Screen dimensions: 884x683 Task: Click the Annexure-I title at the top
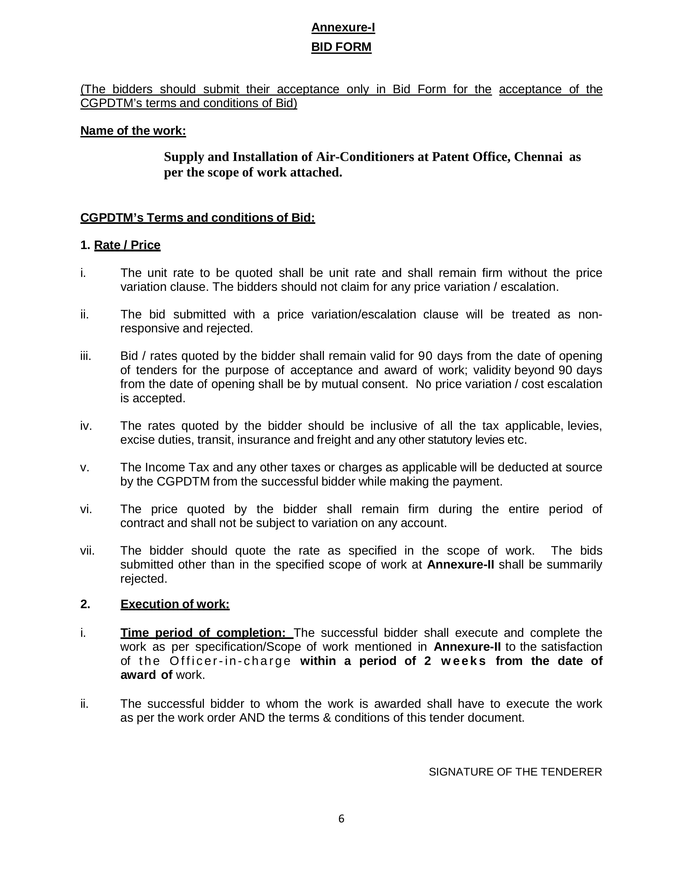[x=343, y=28]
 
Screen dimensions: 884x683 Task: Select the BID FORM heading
[x=341, y=47]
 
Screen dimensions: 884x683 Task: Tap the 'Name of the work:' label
[x=133, y=131]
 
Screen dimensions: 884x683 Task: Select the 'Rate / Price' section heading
[x=127, y=245]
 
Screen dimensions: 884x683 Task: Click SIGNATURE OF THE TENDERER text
[x=515, y=772]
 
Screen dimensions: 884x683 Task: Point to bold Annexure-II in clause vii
[x=460, y=565]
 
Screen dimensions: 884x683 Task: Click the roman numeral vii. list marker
[x=87, y=551]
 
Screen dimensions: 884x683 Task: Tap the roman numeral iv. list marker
[x=86, y=426]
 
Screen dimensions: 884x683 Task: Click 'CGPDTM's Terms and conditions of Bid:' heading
[x=198, y=218]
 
